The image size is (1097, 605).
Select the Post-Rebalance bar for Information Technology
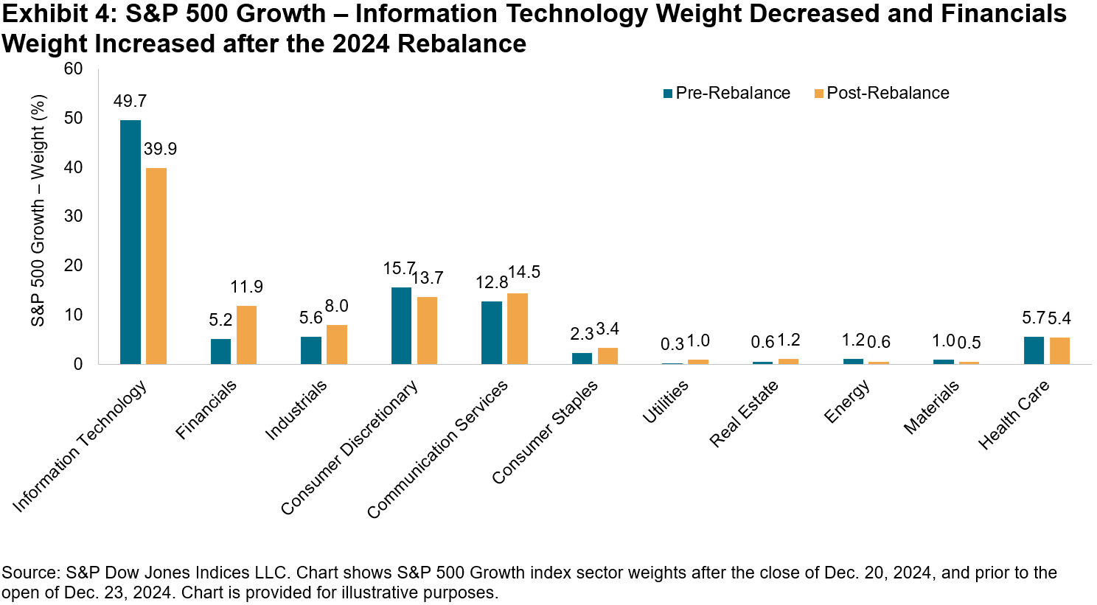tap(156, 266)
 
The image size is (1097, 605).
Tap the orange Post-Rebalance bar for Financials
tap(246, 335)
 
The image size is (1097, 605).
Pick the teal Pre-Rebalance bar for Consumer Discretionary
tap(401, 325)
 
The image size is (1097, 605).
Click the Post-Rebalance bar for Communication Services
tap(517, 328)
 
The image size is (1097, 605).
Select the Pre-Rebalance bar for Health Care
tap(1034, 350)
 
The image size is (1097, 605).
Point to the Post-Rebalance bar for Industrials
tap(336, 344)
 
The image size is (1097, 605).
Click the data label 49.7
tap(130, 101)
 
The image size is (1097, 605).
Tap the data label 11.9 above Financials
tap(246, 287)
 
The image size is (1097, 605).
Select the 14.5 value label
tap(523, 272)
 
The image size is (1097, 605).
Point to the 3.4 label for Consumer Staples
tap(607, 329)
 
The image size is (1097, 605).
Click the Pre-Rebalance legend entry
tap(726, 93)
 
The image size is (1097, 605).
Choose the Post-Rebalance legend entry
tap(881, 93)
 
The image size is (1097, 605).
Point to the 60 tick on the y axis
tap(74, 69)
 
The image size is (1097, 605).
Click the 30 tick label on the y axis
tap(74, 217)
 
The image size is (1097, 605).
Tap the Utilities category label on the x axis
tap(666, 402)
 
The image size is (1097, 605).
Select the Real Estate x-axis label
tap(744, 413)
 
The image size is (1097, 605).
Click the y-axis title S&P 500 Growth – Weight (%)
tap(38, 211)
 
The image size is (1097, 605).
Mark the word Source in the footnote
tap(29, 573)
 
